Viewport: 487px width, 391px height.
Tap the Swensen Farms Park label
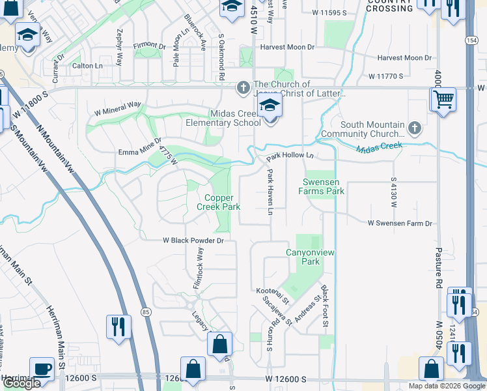(322, 186)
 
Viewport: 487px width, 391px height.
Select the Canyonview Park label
(303, 256)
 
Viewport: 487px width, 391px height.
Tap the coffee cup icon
(42, 368)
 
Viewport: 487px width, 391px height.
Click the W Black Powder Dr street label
(193, 240)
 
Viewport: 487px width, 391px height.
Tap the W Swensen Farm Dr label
(400, 224)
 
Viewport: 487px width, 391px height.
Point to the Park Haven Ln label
(270, 192)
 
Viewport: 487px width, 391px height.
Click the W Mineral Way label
(118, 104)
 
